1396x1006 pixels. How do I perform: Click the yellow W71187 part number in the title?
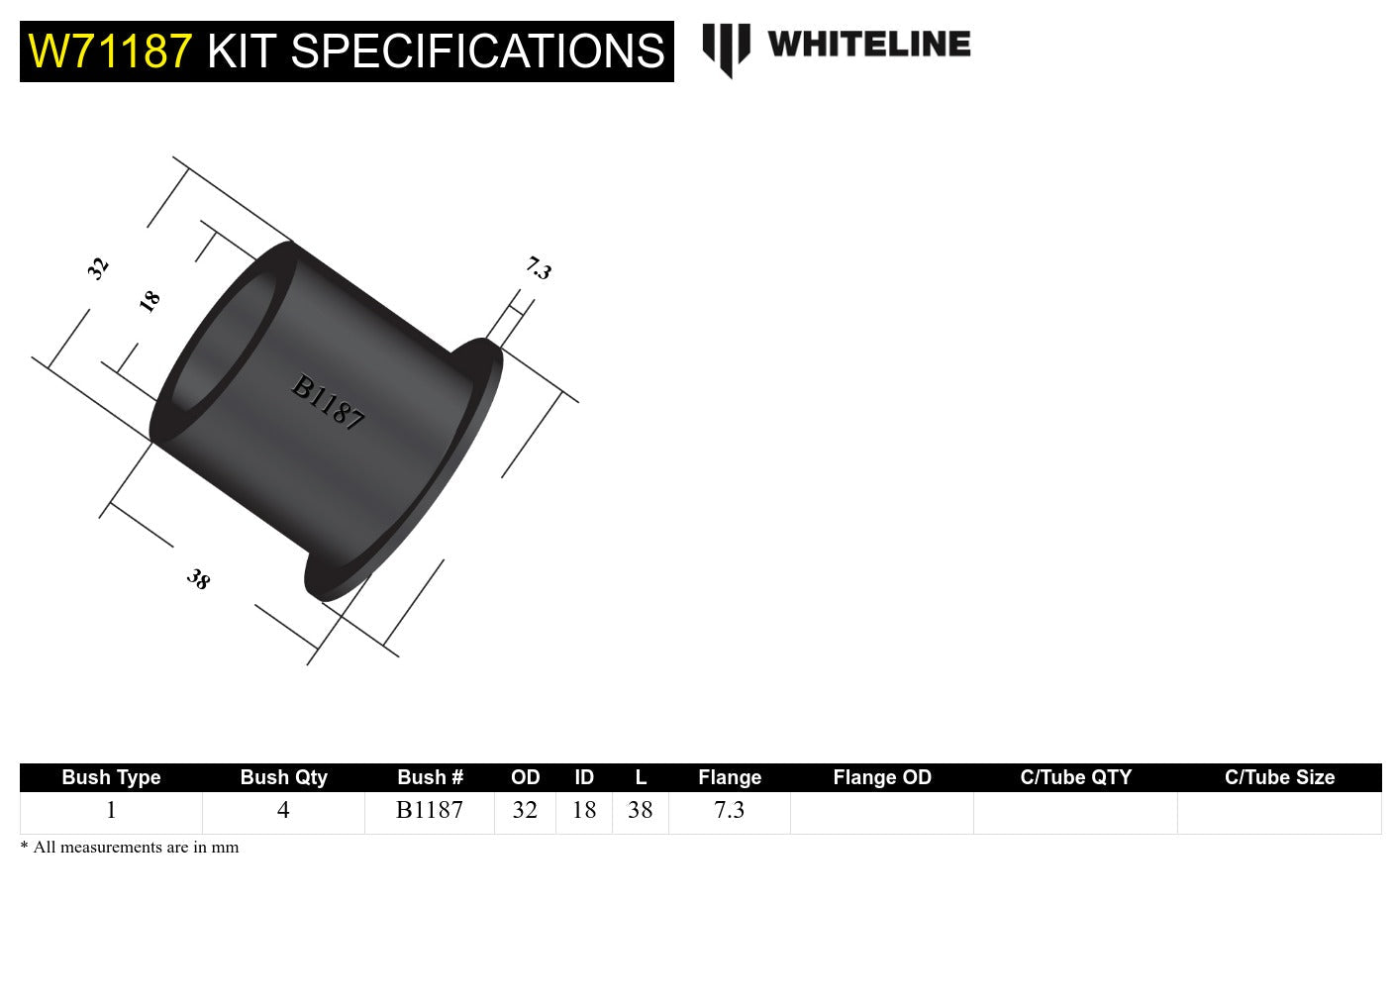click(x=110, y=51)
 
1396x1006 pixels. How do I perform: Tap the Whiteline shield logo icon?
click(x=726, y=49)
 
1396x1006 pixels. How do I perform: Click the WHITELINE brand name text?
click(x=868, y=45)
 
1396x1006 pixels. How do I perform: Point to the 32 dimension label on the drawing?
click(x=97, y=267)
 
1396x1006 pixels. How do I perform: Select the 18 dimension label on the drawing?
click(x=150, y=301)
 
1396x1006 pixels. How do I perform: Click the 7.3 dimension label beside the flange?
click(x=538, y=267)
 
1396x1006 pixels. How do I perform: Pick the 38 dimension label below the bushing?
click(x=199, y=579)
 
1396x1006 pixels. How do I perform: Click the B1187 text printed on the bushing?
click(x=328, y=402)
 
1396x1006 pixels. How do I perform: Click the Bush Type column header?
click(x=111, y=777)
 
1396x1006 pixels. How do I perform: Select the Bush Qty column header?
click(x=283, y=777)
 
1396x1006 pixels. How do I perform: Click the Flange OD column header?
click(x=882, y=777)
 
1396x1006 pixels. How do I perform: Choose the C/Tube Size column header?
click(x=1279, y=777)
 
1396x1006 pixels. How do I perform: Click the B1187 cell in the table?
click(x=430, y=811)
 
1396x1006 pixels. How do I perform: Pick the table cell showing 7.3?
click(x=730, y=811)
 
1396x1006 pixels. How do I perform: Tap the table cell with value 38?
click(x=641, y=811)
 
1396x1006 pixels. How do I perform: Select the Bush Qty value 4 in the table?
click(x=283, y=811)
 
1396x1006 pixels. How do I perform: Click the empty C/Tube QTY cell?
click(x=1075, y=812)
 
